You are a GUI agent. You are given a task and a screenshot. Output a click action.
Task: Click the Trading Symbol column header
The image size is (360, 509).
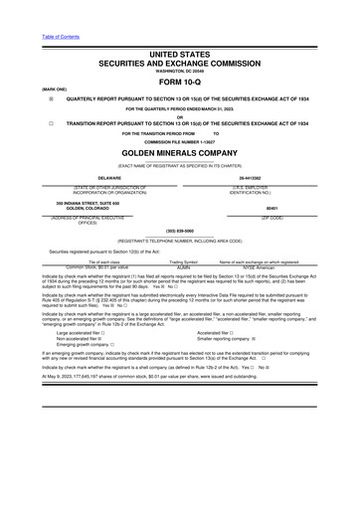coord(183,261)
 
